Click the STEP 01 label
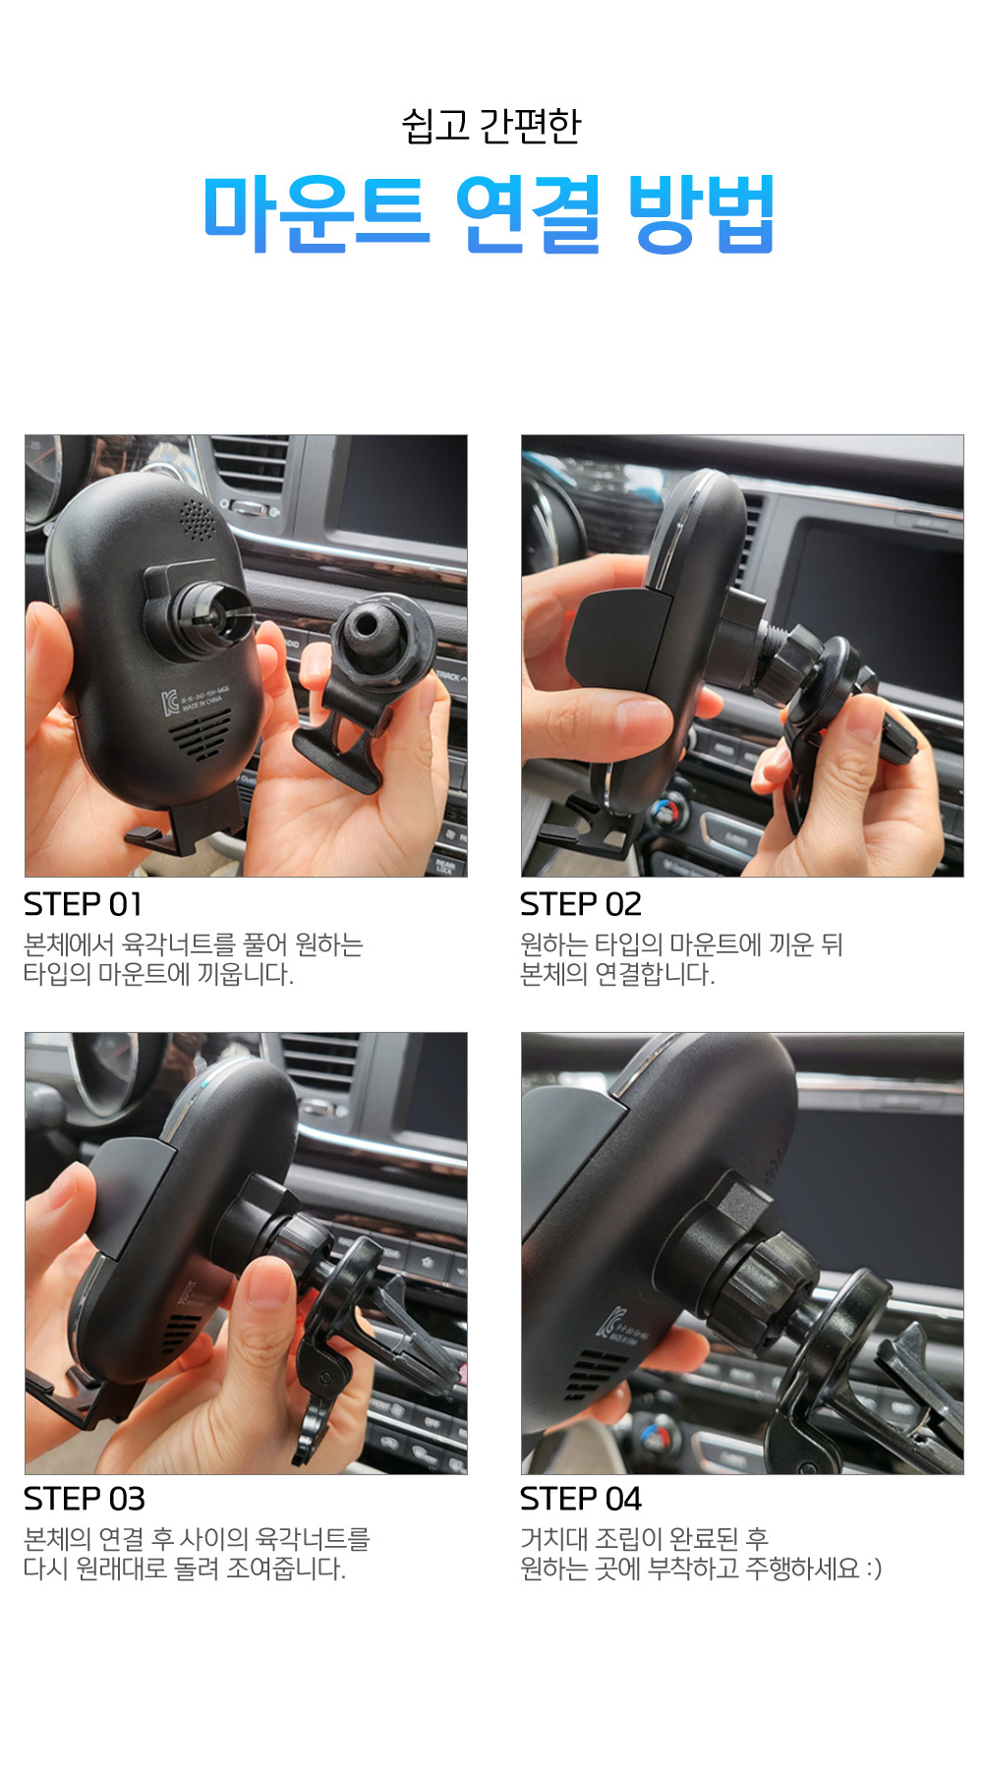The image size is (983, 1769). (83, 904)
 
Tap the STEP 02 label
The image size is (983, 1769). (580, 904)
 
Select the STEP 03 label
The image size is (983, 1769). (84, 1499)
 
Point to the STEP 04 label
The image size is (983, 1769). (580, 1499)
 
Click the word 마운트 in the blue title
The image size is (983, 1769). (316, 213)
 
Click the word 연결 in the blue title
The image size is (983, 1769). (528, 213)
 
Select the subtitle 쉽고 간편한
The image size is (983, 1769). (491, 126)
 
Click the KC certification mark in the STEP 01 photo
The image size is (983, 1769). (170, 704)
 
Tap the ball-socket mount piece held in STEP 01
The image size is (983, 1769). (369, 678)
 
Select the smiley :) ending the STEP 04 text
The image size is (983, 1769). (873, 1569)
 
